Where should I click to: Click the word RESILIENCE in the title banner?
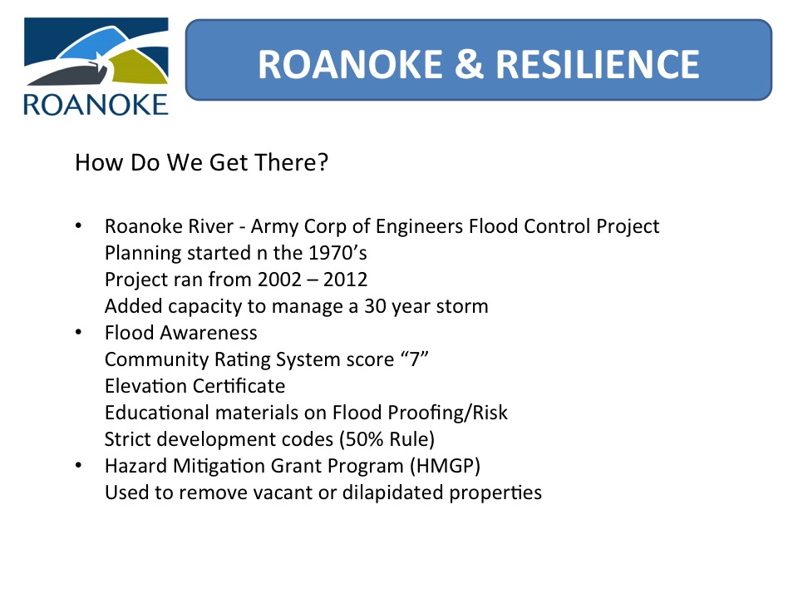(598, 65)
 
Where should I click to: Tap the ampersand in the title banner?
(469, 65)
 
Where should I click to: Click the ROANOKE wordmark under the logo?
(96, 105)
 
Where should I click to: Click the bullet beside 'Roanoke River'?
(78, 225)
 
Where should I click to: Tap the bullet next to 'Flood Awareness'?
(78, 332)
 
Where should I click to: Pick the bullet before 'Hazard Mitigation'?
(78, 465)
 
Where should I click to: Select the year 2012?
(346, 280)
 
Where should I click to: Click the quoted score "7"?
(414, 359)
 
